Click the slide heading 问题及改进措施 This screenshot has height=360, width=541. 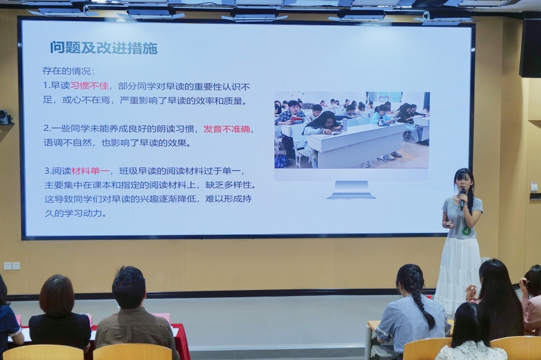point(104,48)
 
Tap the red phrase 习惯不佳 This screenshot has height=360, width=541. point(89,85)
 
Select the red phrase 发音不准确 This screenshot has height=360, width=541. point(227,129)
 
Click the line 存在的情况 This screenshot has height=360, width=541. point(68,71)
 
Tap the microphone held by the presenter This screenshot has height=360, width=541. point(462,199)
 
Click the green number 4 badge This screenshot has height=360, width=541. point(466,231)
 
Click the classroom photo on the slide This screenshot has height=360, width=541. point(351,130)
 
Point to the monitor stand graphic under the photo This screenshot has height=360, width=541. point(351,190)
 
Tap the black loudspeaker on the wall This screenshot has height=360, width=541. point(530,48)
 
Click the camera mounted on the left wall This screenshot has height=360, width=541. point(5,117)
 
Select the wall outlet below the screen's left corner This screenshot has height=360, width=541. point(11,266)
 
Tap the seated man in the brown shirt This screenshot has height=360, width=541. point(134,314)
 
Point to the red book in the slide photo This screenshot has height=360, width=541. point(297,119)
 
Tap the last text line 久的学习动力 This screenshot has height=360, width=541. point(75,213)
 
